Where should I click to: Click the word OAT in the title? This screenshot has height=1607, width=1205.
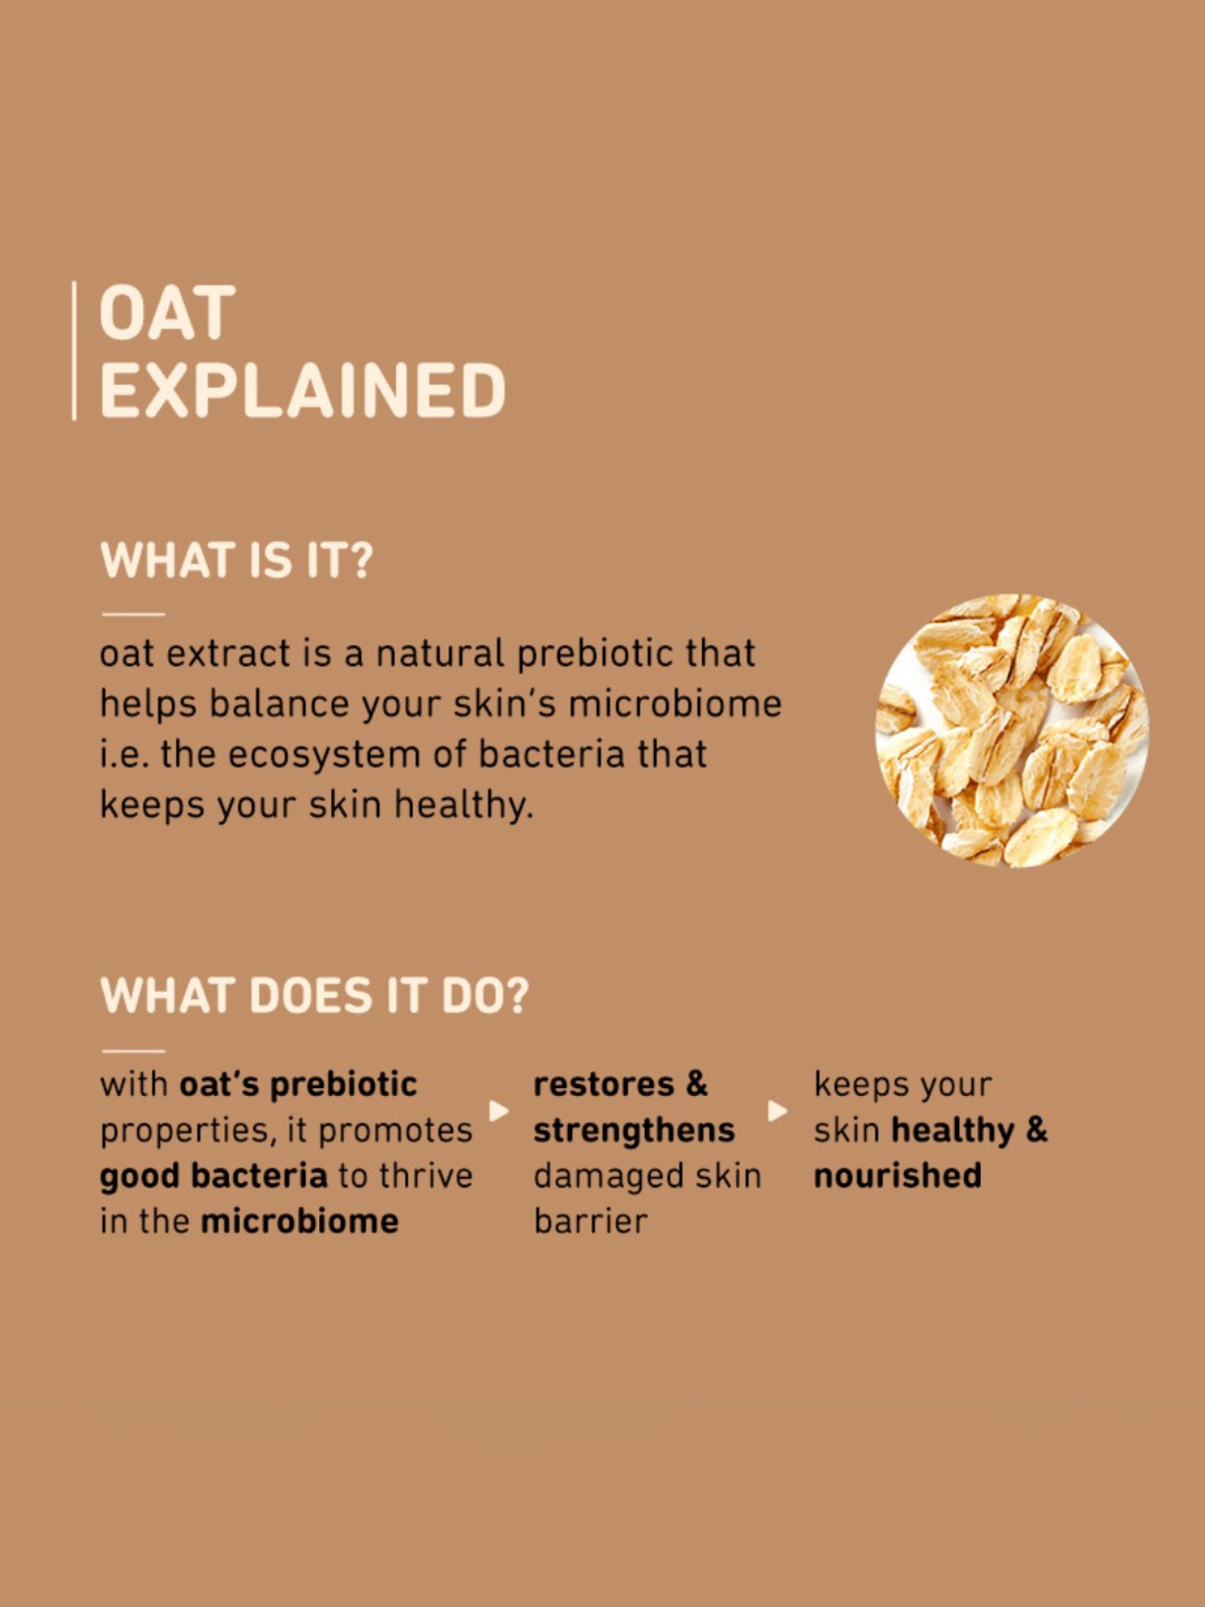167,313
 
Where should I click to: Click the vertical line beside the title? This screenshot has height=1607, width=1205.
75,350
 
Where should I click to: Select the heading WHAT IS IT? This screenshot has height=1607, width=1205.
236,560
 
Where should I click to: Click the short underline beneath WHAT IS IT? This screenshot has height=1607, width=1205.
133,614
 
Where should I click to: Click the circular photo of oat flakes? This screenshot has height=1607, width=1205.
1011,730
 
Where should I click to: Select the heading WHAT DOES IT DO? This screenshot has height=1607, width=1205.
315,996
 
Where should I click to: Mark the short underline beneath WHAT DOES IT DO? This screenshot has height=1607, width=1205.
133,1050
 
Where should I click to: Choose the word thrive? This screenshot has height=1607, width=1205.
427,1176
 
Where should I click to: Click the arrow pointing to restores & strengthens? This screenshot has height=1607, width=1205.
500,1110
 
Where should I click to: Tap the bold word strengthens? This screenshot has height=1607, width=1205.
634,1131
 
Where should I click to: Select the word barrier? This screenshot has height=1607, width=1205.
590,1221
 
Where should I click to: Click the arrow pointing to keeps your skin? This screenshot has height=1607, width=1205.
778,1110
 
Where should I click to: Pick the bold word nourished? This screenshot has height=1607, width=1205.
897,1176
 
